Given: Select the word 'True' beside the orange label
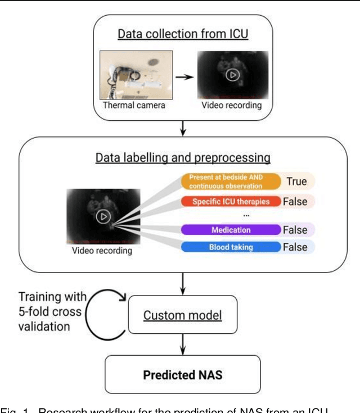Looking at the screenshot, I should click(296, 181).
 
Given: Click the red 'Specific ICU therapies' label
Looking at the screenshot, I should click(230, 201).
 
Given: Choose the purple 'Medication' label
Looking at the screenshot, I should click(231, 230).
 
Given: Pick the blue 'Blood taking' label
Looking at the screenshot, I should click(231, 247).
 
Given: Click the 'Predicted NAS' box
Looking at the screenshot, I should click(182, 375).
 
